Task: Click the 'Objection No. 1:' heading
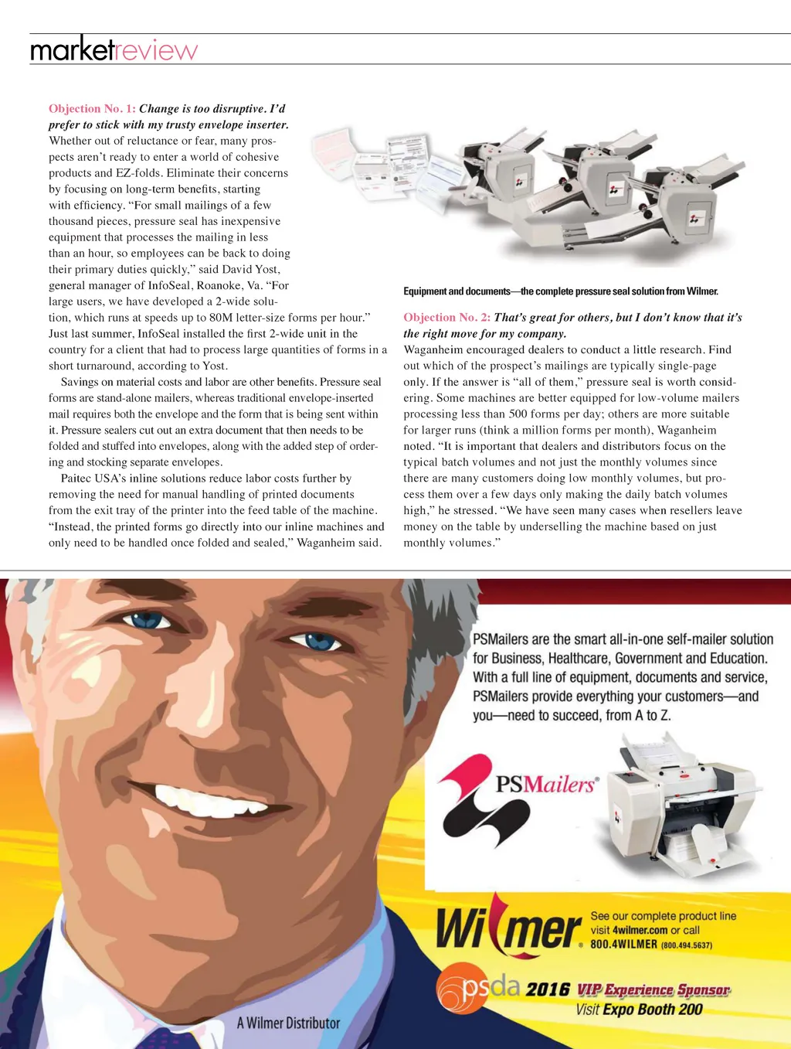(92, 109)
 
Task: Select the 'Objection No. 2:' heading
(446, 318)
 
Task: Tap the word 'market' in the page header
(72, 50)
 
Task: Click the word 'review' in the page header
(157, 51)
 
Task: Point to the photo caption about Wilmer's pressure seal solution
(561, 291)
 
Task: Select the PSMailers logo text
(546, 785)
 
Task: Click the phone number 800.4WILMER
(623, 945)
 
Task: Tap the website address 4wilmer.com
(640, 931)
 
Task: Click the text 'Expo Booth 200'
(653, 1010)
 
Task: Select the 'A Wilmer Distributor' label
(288, 1023)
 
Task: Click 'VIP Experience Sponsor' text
(653, 990)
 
